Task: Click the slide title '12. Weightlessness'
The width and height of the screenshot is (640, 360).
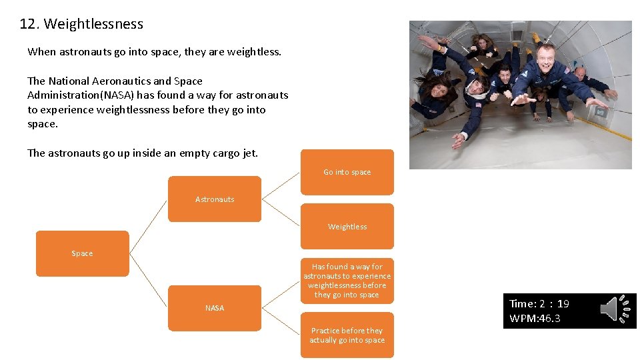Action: pyautogui.click(x=81, y=24)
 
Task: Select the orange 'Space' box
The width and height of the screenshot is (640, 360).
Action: pyautogui.click(x=82, y=253)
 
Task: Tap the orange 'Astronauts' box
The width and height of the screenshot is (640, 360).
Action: pyautogui.click(x=215, y=199)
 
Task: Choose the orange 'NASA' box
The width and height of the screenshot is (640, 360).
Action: pyautogui.click(x=215, y=308)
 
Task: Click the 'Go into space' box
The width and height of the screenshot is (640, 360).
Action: pyautogui.click(x=347, y=172)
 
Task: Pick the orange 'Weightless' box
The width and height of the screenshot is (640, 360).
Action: pyautogui.click(x=347, y=227)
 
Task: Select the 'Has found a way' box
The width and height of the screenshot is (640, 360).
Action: pyautogui.click(x=347, y=281)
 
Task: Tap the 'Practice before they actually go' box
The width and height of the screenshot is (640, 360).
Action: pyautogui.click(x=347, y=335)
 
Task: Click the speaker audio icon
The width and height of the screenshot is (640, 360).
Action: pyautogui.click(x=616, y=309)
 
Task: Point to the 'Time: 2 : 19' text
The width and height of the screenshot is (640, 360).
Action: pyautogui.click(x=539, y=304)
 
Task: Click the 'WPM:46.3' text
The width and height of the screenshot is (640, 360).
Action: pyautogui.click(x=535, y=319)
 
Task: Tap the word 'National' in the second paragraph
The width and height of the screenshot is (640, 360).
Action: pyautogui.click(x=75, y=81)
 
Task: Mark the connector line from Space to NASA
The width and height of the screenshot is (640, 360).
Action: pyautogui.click(x=148, y=281)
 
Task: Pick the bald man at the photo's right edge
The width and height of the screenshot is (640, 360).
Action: pyautogui.click(x=579, y=73)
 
